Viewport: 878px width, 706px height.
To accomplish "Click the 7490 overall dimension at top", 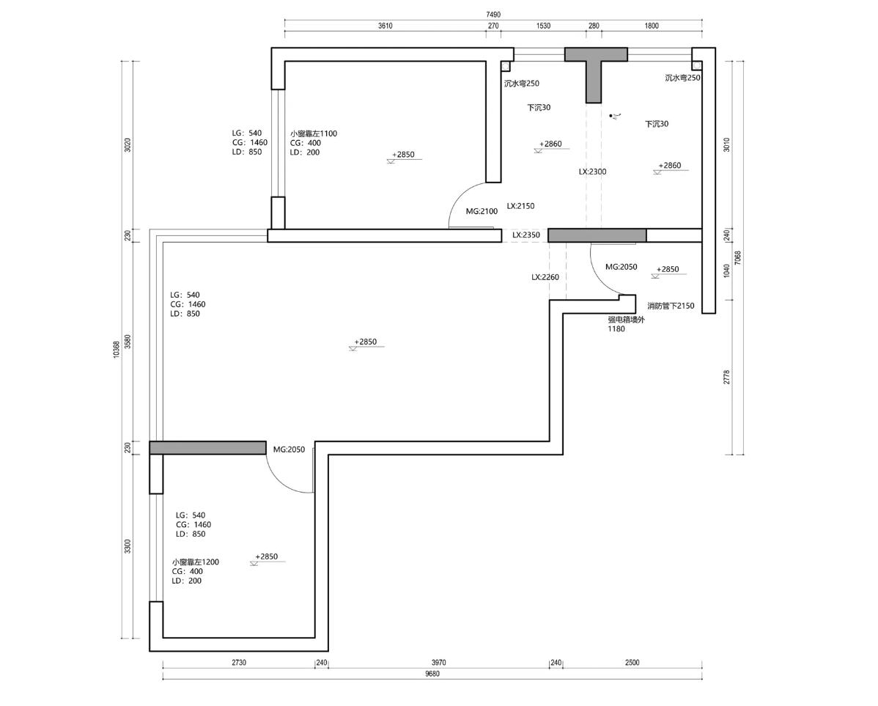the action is (x=493, y=15).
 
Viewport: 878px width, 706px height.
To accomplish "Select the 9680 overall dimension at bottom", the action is (x=432, y=674).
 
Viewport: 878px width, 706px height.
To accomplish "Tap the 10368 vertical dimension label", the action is (x=116, y=349).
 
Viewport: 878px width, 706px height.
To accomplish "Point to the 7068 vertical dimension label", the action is (x=737, y=258).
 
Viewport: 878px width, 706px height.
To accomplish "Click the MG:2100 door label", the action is (x=482, y=211).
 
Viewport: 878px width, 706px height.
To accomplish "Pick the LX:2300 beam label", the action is (x=592, y=172).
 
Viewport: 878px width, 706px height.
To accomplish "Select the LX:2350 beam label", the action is (x=526, y=235).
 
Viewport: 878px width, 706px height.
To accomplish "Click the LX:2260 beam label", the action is (x=545, y=277).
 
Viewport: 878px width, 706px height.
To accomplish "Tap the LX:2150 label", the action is (x=521, y=205).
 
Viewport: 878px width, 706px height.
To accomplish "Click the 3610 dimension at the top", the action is (x=385, y=26).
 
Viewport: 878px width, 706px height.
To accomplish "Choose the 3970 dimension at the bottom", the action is (x=438, y=663).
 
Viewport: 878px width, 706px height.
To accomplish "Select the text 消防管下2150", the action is (x=671, y=306).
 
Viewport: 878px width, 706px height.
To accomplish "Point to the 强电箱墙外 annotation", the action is (x=627, y=320).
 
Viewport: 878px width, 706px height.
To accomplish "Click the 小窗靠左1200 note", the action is (x=196, y=562).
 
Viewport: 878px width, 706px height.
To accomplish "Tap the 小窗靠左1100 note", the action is (x=314, y=133).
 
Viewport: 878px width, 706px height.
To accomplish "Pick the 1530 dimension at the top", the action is (x=543, y=26).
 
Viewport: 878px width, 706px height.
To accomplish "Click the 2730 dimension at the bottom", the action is (x=238, y=663).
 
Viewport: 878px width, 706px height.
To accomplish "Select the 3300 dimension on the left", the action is (x=128, y=546).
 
